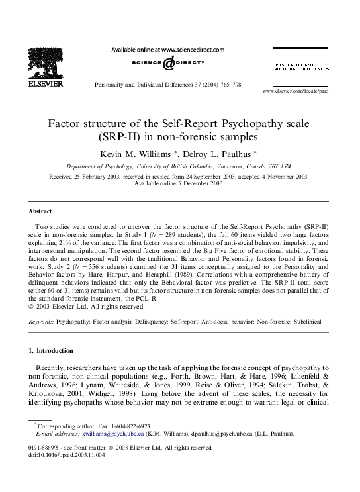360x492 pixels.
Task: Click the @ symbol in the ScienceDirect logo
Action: tap(168, 62)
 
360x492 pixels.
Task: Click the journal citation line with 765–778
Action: tap(168, 85)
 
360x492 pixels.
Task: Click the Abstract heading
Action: tap(40, 211)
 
